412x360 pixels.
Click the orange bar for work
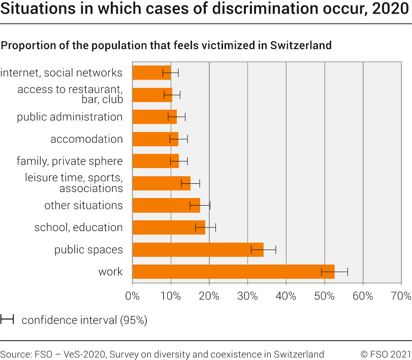coord(233,272)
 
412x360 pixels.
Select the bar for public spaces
coord(198,249)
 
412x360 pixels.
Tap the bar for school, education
coord(169,227)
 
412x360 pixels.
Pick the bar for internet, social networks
coord(151,73)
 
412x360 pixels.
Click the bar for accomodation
coord(155,139)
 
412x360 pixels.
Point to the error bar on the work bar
coord(334,272)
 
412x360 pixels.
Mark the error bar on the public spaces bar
coord(263,249)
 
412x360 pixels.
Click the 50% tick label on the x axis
coord(324,296)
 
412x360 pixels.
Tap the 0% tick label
coord(132,296)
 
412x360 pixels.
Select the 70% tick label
coord(401,296)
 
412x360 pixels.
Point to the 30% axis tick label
coord(247,296)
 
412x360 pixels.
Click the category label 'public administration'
coord(70,117)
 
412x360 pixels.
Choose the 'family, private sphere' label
coord(70,161)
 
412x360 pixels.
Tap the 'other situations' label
coord(83,205)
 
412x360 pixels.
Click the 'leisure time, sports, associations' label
coord(74,183)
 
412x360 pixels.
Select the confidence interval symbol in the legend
coord(7,320)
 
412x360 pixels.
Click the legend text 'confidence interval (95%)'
coord(84,320)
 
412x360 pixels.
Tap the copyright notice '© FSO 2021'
coord(386,354)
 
